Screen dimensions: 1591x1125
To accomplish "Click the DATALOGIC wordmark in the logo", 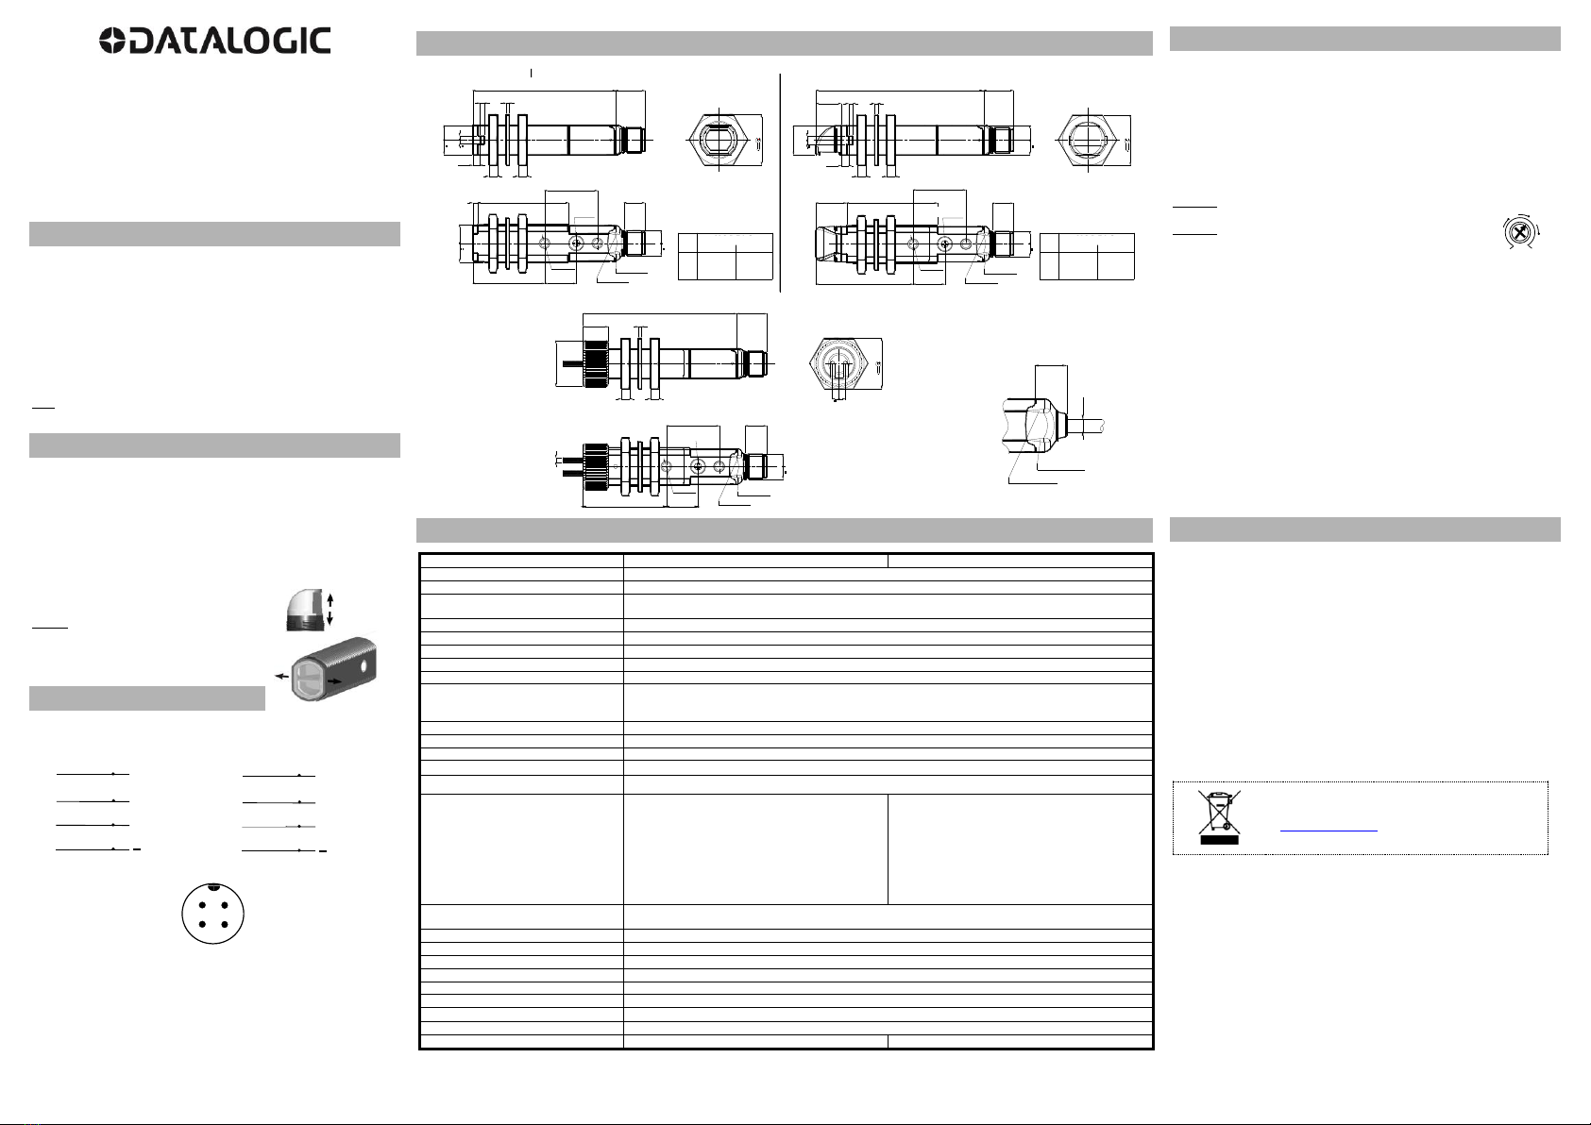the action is coord(229,42).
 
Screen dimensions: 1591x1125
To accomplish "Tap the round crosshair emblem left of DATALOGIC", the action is coord(112,42).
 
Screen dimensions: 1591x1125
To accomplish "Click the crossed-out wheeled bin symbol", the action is coord(1220,817).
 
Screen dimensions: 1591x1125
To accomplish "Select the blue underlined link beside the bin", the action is coord(1329,829).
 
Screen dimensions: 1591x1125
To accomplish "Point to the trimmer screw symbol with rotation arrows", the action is coord(1519,232).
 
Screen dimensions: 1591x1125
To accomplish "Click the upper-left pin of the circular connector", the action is coord(202,905).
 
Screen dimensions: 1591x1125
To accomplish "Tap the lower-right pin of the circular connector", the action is coord(225,924).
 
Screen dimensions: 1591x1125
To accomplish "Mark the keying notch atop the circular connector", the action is coord(213,886).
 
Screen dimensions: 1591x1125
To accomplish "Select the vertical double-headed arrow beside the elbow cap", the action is coord(330,610).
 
